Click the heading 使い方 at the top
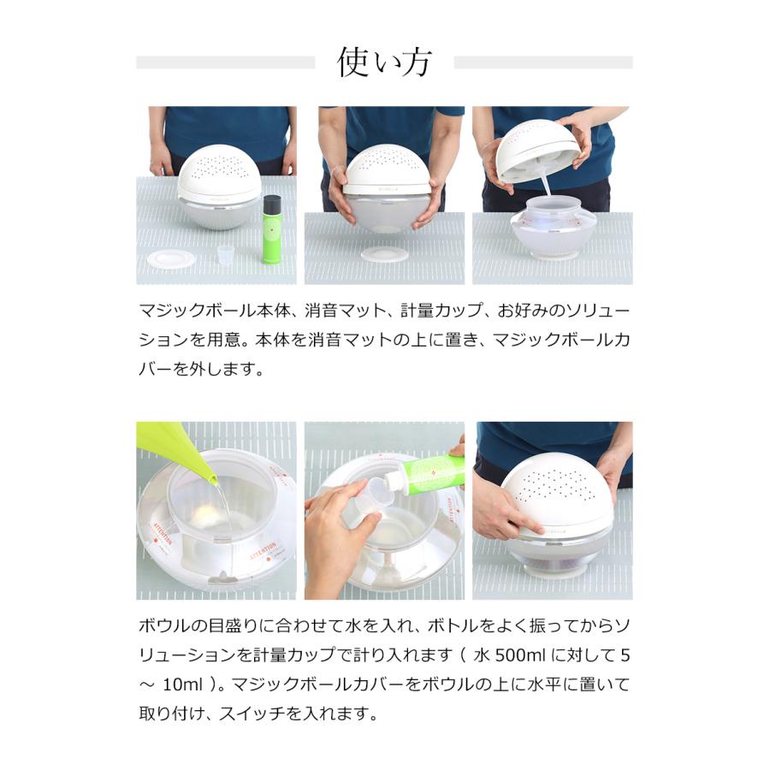click(384, 62)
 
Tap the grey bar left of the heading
click(225, 62)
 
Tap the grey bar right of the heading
click(543, 62)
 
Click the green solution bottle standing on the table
click(271, 235)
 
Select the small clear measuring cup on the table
click(225, 254)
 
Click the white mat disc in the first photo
click(171, 258)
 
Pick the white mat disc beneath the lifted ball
click(383, 254)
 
